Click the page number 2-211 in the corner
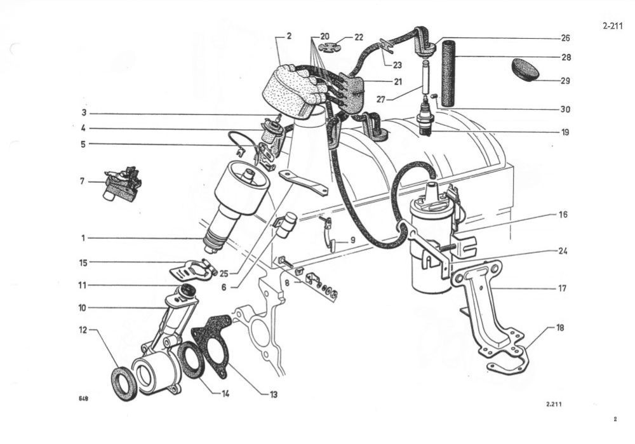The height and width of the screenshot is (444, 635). (612, 26)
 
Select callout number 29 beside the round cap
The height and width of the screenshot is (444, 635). (565, 81)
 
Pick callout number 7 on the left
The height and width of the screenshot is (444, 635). (82, 181)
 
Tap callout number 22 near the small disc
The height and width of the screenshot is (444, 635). (359, 37)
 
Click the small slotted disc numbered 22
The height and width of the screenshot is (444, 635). (330, 47)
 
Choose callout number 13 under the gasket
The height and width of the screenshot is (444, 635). (274, 394)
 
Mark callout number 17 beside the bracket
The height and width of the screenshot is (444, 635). (562, 288)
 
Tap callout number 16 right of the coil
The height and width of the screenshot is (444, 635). (563, 214)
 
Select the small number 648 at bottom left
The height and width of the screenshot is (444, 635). (83, 398)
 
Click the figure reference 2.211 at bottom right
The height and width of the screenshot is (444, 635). (554, 404)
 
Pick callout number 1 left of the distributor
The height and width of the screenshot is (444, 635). (83, 238)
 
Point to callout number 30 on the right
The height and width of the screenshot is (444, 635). (565, 109)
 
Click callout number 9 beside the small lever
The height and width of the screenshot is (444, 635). (352, 240)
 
